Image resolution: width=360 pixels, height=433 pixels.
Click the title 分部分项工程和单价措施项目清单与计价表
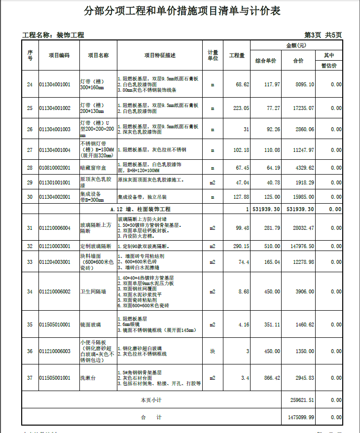tap(182, 11)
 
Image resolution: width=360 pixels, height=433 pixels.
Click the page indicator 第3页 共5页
tap(323, 35)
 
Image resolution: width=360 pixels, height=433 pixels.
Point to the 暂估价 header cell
tap(329, 66)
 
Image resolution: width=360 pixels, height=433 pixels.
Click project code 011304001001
tap(55, 85)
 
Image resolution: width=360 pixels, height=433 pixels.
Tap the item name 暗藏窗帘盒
tap(90, 168)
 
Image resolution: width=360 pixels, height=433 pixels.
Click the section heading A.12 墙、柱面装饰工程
tap(140, 209)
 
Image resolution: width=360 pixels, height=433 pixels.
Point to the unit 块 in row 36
tap(213, 351)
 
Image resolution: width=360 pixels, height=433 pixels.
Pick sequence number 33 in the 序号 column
tap(30, 261)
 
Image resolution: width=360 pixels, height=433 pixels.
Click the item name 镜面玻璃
tap(90, 325)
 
